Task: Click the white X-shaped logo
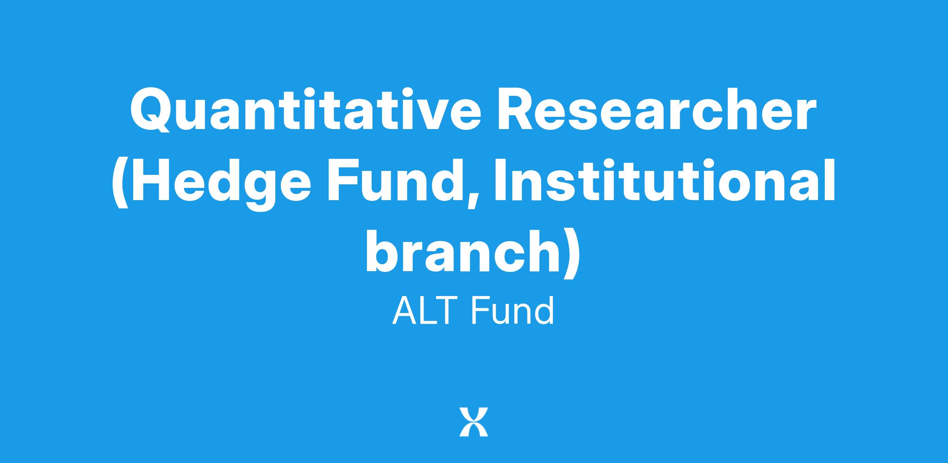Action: click(x=474, y=422)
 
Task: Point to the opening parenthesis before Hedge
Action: click(x=120, y=184)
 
